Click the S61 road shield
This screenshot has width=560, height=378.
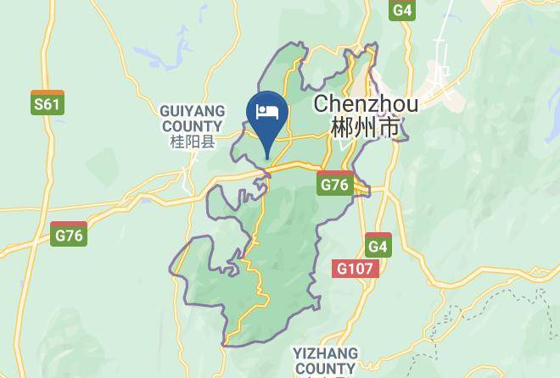tap(47, 103)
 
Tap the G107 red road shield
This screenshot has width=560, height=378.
tap(355, 268)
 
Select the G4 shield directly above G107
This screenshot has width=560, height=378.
tap(378, 246)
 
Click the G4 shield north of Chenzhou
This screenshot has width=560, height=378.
tap(402, 9)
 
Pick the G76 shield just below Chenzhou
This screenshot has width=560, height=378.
tap(335, 184)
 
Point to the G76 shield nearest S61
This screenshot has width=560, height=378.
tap(68, 234)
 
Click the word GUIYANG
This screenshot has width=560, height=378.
tap(193, 111)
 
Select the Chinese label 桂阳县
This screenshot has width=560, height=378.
tap(193, 141)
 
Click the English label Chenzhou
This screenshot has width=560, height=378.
tap(366, 104)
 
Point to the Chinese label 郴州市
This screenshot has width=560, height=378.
tap(366, 128)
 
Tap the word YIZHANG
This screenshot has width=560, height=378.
tap(325, 352)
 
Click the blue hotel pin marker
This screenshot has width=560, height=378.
tap(267, 118)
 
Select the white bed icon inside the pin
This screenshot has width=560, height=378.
tap(267, 111)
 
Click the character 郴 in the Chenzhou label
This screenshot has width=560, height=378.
tap(343, 128)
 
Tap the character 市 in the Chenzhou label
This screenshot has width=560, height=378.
tap(389, 128)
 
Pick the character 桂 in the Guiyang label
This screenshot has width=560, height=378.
tap(177, 141)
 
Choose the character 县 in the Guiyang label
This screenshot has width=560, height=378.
tap(208, 141)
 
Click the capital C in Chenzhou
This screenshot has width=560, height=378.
tap(322, 104)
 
